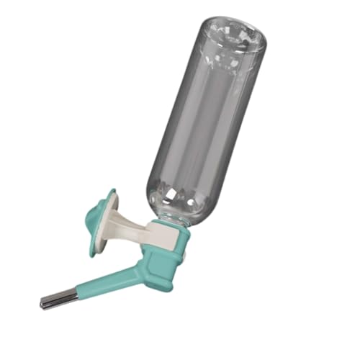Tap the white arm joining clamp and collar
coord(133,223)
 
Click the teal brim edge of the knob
coord(92,241)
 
